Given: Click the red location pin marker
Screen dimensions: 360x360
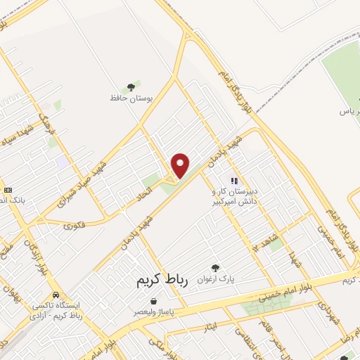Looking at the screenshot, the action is click(x=181, y=165).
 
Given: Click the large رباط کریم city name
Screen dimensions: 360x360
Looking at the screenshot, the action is click(x=163, y=281).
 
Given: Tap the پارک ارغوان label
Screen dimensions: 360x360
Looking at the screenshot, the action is click(x=216, y=279).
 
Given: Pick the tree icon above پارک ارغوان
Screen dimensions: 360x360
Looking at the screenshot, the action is click(x=216, y=268).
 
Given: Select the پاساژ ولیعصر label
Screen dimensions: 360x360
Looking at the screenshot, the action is click(x=154, y=311).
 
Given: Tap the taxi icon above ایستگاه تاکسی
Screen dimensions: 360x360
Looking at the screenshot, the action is click(x=56, y=295).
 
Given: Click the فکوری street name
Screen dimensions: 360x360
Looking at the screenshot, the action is click(x=73, y=226).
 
